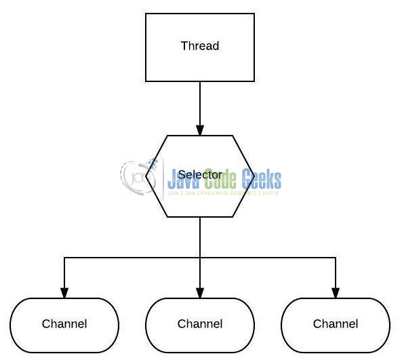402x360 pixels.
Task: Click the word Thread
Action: (200, 46)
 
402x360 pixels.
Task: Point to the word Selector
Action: (200, 175)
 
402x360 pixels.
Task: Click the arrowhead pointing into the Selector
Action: (200, 129)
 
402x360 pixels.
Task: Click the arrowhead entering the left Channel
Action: (64, 293)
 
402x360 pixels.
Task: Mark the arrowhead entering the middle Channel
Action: (200, 293)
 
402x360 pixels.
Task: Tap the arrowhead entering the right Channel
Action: (336, 293)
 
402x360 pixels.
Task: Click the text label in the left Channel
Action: (64, 324)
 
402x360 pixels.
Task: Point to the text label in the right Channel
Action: (336, 324)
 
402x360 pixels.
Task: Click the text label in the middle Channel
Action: (200, 324)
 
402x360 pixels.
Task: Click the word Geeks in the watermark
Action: (258, 180)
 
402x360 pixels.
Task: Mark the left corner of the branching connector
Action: (64, 258)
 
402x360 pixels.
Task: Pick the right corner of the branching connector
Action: (336, 258)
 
